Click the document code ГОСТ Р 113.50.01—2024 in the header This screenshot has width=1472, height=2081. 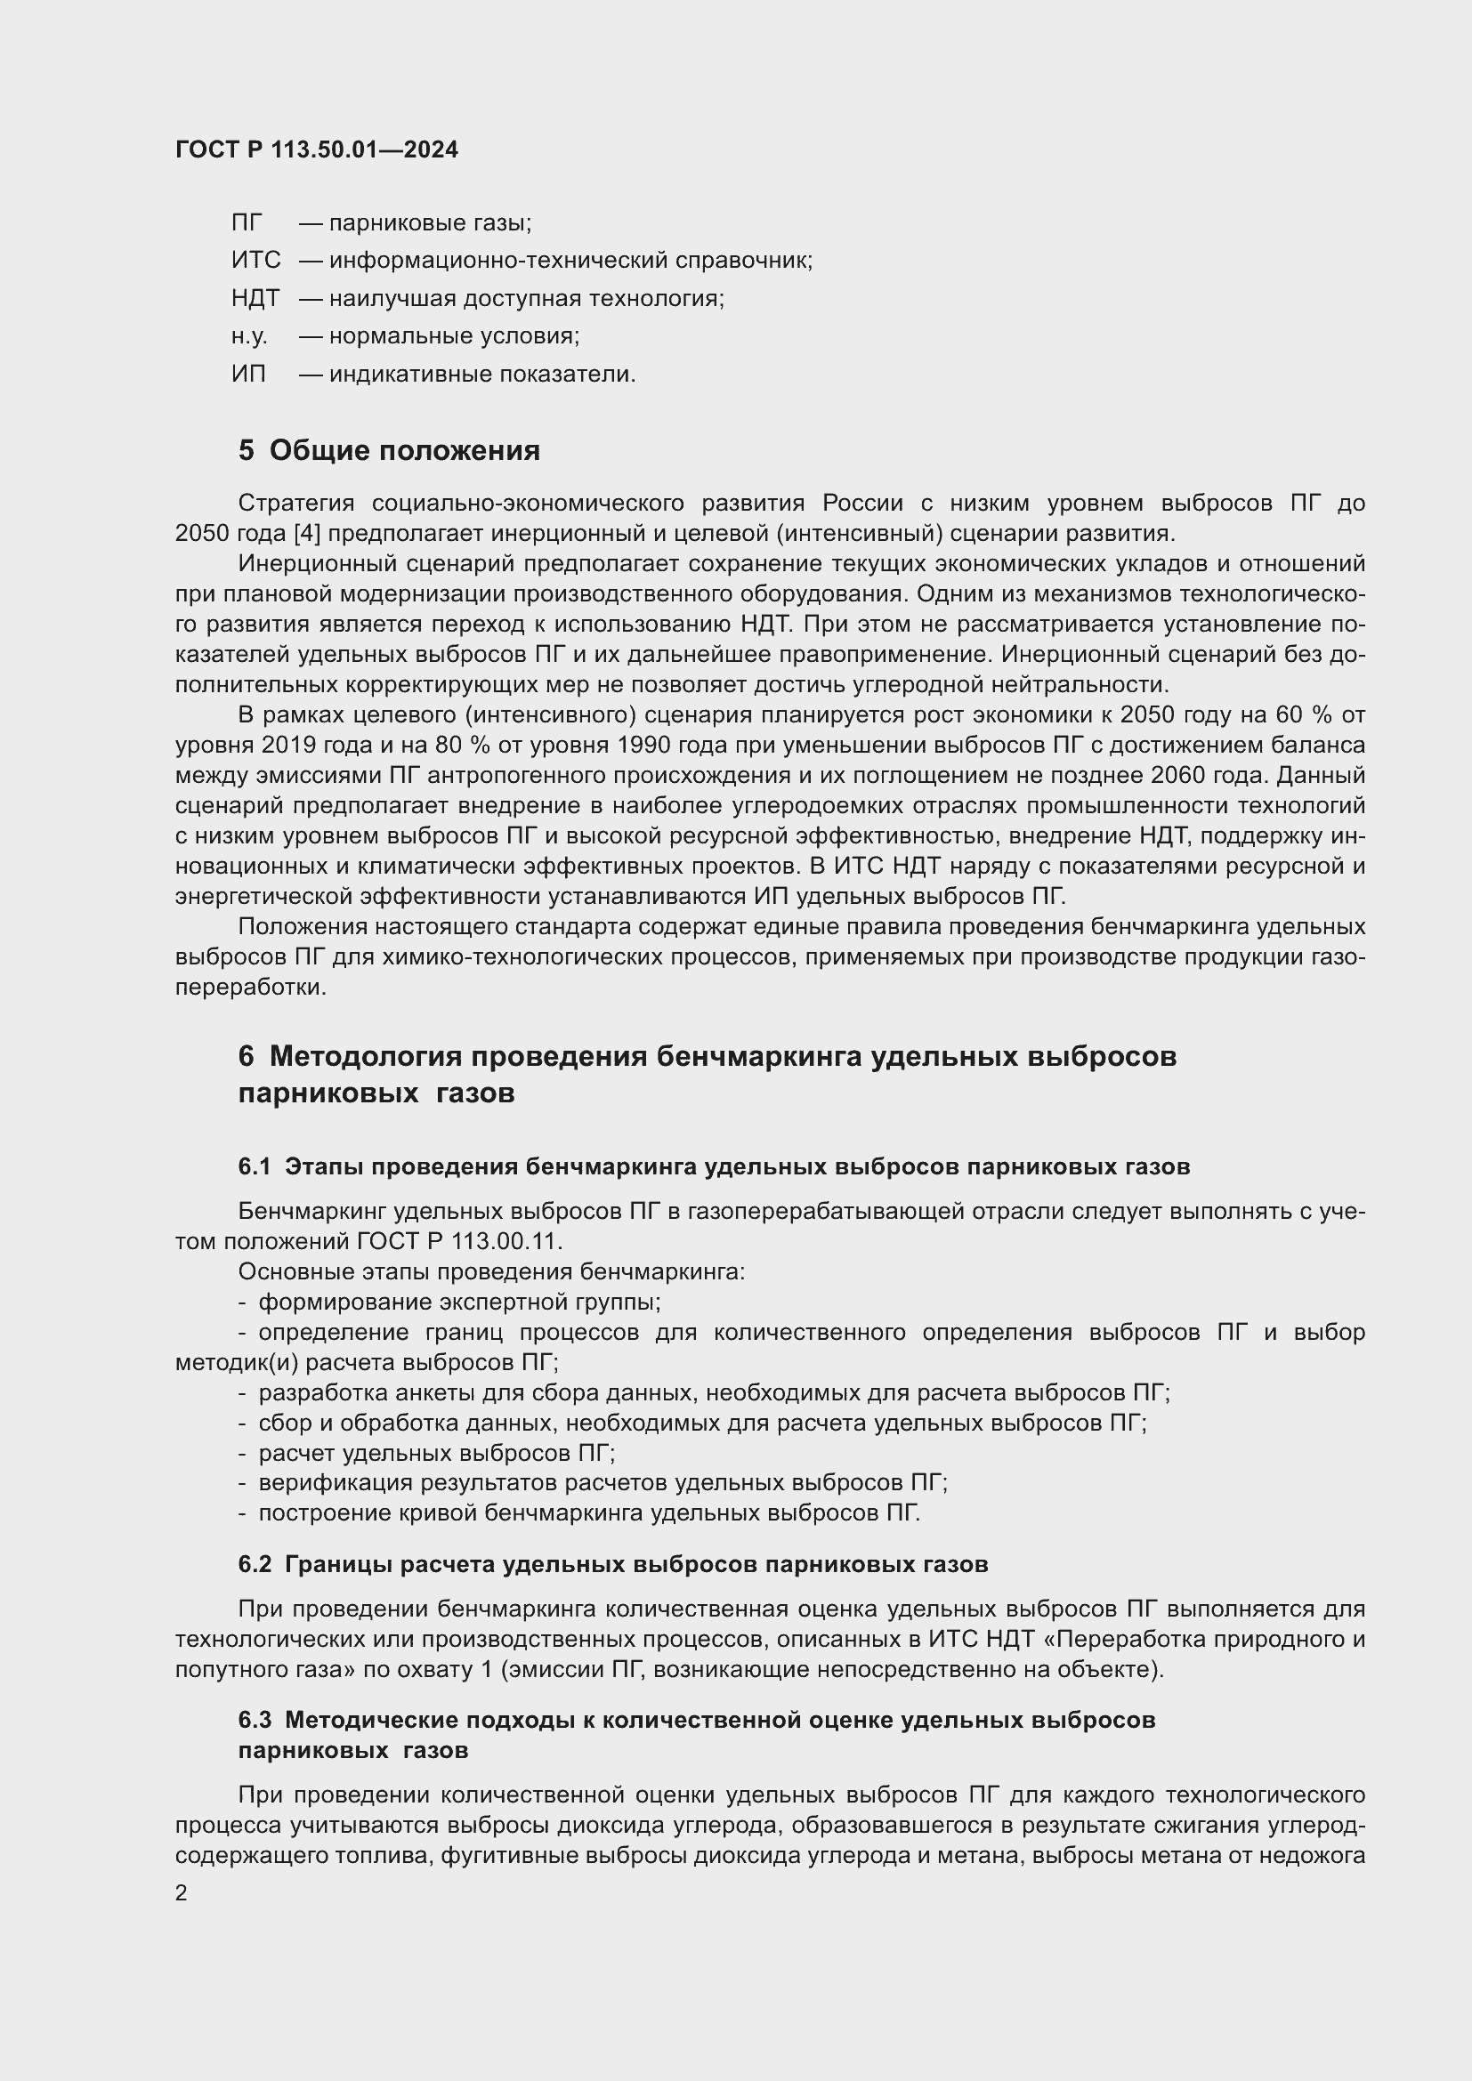pos(316,149)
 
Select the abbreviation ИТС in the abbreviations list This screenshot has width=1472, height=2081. pos(255,260)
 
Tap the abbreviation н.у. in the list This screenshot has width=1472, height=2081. pos(248,336)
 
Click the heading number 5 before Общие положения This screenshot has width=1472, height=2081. pos(246,450)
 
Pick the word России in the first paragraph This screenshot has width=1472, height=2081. pos(863,503)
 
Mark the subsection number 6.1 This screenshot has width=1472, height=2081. pos(254,1166)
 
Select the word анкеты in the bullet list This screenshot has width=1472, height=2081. pos(412,1392)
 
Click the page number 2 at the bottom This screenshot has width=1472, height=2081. pos(182,1893)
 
